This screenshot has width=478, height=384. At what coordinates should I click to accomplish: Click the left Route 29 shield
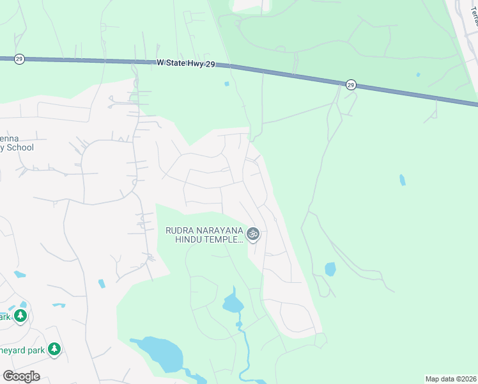(19, 59)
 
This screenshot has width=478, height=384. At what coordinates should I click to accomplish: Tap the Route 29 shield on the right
(351, 84)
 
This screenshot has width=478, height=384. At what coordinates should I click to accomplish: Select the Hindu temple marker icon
(253, 234)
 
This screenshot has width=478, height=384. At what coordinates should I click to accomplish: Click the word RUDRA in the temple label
(180, 230)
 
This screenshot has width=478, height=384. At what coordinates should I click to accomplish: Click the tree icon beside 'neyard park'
(55, 349)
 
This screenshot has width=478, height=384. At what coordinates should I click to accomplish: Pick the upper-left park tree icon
(20, 316)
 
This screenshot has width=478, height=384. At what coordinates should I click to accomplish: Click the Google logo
(21, 376)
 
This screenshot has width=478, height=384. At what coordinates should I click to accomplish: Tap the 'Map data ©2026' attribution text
(450, 379)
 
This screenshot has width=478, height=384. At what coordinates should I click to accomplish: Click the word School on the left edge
(20, 148)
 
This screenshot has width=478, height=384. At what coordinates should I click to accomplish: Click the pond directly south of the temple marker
(233, 303)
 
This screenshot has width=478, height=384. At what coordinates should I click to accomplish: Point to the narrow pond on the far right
(402, 180)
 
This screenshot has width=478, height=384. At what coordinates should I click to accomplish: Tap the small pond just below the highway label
(226, 83)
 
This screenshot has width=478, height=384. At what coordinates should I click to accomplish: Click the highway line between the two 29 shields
(281, 74)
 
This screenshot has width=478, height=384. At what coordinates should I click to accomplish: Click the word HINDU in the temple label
(189, 239)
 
